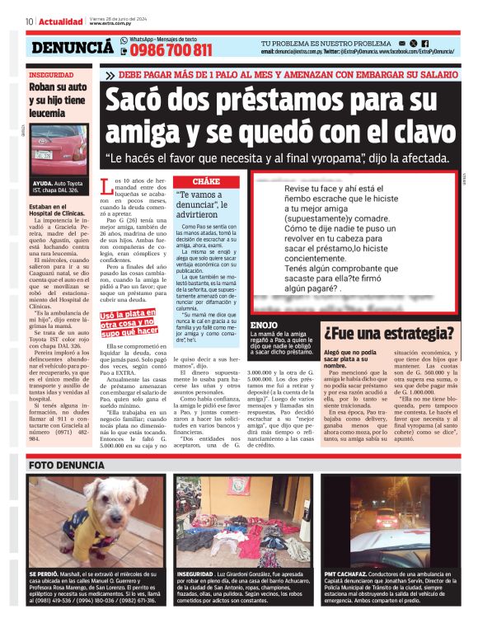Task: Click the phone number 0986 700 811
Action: pyautogui.click(x=171, y=50)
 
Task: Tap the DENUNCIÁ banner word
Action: pyautogui.click(x=72, y=48)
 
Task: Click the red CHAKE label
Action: pyautogui.click(x=206, y=180)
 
